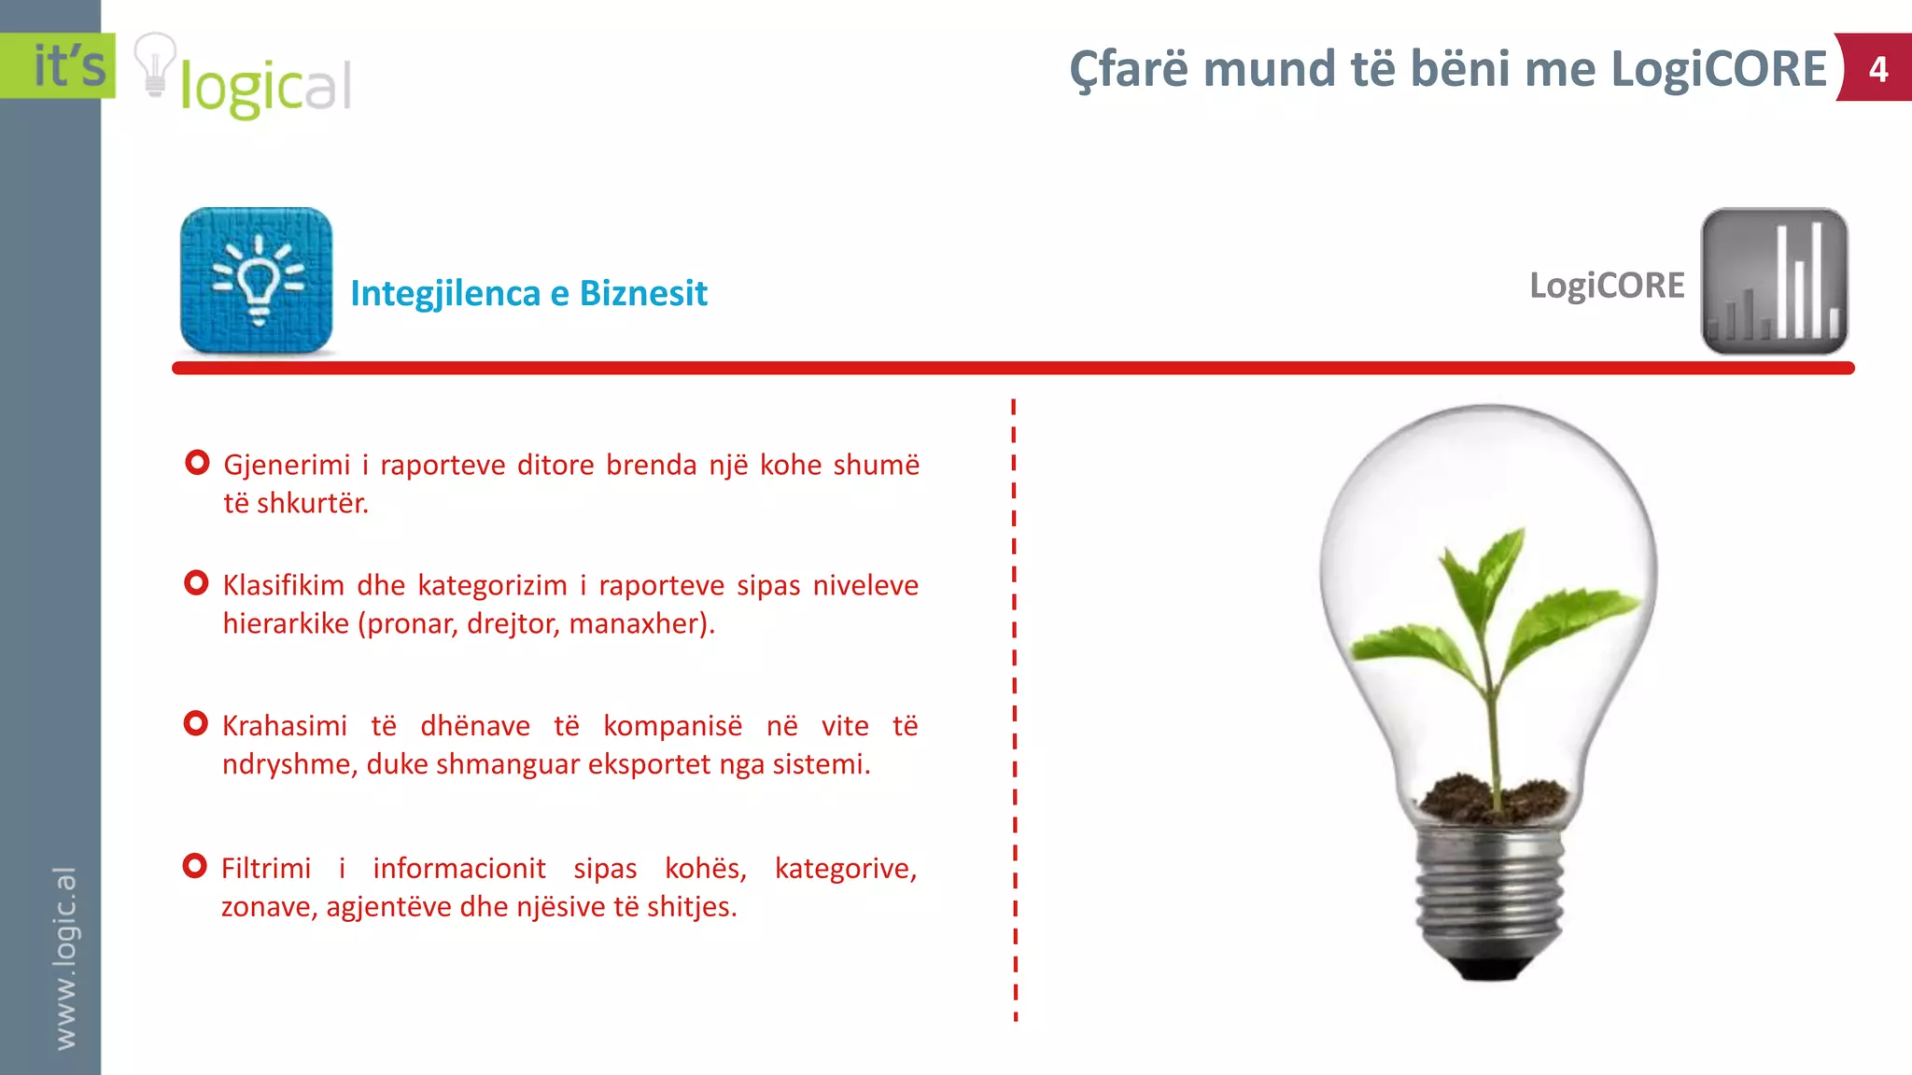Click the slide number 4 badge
pos(1877,69)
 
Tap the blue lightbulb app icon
pos(257,280)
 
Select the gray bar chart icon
pos(1774,281)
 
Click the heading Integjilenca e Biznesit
pos(528,293)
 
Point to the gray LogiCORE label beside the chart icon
pos(1607,286)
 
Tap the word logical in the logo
pos(266,88)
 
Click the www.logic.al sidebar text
pos(64,957)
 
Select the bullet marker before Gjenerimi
pos(197,462)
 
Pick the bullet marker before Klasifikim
pos(196,583)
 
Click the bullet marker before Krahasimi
pos(196,723)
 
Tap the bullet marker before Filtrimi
pos(194,866)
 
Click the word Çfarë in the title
pos(1130,69)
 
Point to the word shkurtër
pos(312,504)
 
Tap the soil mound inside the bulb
pos(1491,799)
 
